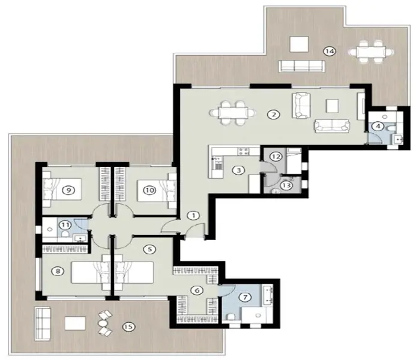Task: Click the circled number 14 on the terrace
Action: (328, 51)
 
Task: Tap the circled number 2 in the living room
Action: (274, 114)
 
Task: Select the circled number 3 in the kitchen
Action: (239, 170)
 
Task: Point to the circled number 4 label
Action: (378, 126)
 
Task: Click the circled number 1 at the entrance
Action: (193, 215)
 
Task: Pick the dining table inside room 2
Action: (231, 112)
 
